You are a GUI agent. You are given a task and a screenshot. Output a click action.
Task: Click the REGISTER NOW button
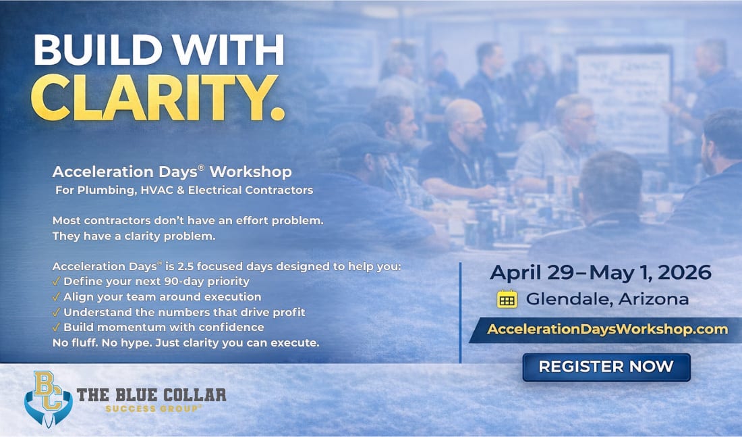click(x=606, y=367)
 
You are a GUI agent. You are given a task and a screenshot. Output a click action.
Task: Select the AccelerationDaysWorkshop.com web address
click(x=607, y=330)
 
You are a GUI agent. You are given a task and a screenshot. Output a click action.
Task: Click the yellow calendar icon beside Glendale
click(x=507, y=299)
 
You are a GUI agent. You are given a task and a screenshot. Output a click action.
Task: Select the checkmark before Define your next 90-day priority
click(x=57, y=281)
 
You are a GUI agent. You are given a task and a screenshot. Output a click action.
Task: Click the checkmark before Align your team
click(x=57, y=297)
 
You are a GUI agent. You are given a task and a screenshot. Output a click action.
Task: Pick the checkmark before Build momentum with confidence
click(x=57, y=328)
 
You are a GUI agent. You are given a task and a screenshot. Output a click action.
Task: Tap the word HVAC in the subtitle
click(x=156, y=190)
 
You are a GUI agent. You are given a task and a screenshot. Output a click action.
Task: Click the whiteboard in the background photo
click(x=624, y=88)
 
